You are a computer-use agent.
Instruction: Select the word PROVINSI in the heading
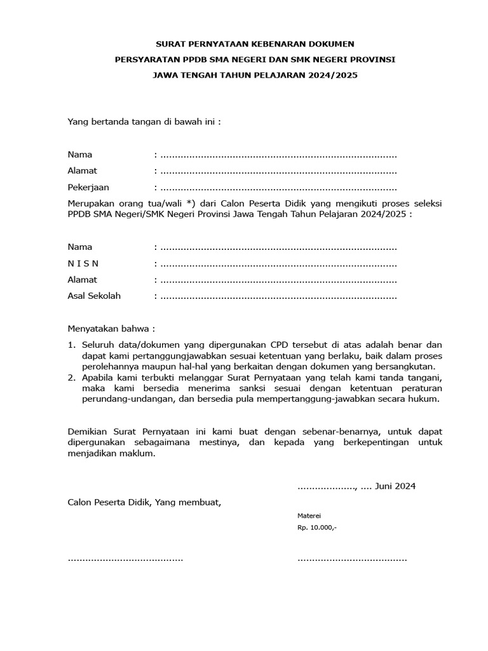pyautogui.click(x=373, y=59)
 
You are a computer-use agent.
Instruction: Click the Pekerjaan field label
pyautogui.click(x=88, y=188)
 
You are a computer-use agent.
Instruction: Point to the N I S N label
pyautogui.click(x=83, y=263)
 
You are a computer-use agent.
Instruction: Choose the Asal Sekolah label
pyautogui.click(x=94, y=296)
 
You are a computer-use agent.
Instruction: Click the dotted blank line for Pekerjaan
pyautogui.click(x=278, y=188)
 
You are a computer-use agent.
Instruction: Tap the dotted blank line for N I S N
pyautogui.click(x=278, y=264)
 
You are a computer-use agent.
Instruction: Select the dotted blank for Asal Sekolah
pyautogui.click(x=278, y=296)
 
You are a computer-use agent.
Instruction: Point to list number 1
pyautogui.click(x=71, y=345)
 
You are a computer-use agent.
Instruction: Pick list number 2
pyautogui.click(x=71, y=378)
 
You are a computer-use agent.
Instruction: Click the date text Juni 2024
pyautogui.click(x=395, y=486)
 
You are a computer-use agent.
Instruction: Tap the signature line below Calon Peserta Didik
pyautogui.click(x=125, y=559)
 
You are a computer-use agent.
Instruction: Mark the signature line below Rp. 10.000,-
pyautogui.click(x=352, y=559)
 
